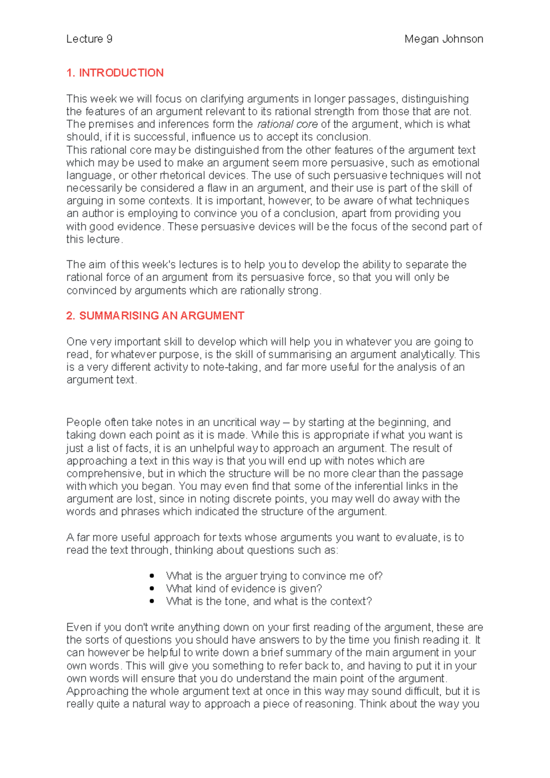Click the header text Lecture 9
coord(89,39)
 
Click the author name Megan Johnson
coord(443,39)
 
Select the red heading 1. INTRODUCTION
coord(115,73)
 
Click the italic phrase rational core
coord(287,124)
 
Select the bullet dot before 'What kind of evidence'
coord(152,588)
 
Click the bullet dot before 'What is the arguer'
coord(152,575)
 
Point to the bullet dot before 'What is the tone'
coord(152,601)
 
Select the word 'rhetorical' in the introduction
coord(182,175)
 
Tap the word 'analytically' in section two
coord(428,354)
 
